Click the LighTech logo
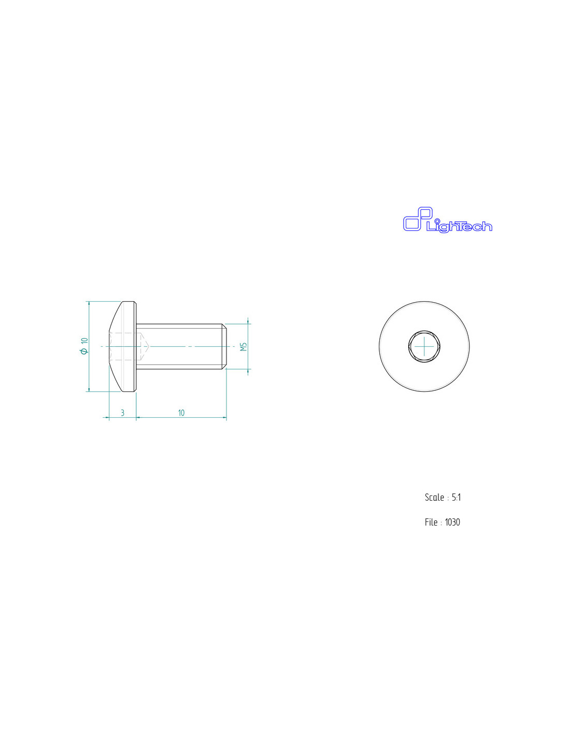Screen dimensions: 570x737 tap(447, 220)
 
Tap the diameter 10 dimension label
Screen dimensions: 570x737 tap(84, 346)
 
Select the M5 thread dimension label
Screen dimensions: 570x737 tap(244, 347)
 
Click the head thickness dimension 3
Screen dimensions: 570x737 tap(122, 413)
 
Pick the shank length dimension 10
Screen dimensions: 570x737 tap(181, 413)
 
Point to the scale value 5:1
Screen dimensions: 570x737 tap(456, 498)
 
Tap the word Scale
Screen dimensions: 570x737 tap(434, 498)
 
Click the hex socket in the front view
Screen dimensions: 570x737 tap(424, 346)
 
